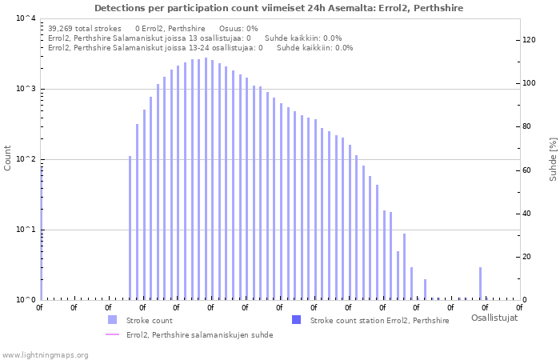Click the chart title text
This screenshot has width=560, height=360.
tap(278, 8)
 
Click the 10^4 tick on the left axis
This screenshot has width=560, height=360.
tap(26, 18)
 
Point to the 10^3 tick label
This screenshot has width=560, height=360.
tap(26, 89)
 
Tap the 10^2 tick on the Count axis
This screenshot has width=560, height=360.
tap(26, 159)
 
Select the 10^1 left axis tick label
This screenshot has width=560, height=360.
tap(26, 230)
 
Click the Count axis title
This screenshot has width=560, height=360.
tap(8, 158)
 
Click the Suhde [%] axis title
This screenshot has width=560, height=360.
tap(553, 158)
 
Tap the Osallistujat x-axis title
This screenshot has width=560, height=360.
tap(494, 318)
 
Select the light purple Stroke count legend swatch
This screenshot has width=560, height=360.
tap(113, 320)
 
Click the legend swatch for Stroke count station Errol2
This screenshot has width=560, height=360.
tap(297, 320)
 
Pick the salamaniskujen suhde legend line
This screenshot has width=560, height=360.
tap(113, 334)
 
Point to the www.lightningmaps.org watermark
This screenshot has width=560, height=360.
tap(45, 354)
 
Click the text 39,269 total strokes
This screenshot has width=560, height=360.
tap(85, 28)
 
